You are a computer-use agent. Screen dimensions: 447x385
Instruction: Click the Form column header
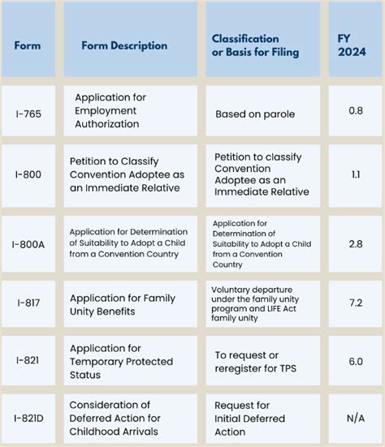point(28,45)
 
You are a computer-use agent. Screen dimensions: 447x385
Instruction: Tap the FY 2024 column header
point(356,45)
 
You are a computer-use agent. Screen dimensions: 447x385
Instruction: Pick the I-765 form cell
point(28,111)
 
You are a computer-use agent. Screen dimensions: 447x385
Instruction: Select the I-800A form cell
point(28,242)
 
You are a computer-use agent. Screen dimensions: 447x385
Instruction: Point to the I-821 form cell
point(28,361)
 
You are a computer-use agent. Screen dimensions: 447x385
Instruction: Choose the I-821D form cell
point(28,418)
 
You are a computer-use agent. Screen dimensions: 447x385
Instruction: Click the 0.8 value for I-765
point(356,111)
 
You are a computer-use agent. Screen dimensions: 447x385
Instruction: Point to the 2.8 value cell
point(356,242)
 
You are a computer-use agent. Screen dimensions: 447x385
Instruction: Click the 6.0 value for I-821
point(356,361)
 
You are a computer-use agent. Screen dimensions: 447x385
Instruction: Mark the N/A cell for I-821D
point(356,418)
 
